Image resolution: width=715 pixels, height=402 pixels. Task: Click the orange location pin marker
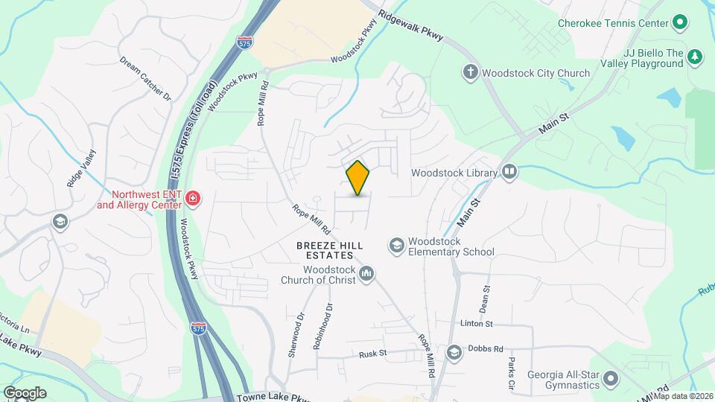[358, 178]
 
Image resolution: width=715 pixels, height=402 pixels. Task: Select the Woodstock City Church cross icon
[470, 73]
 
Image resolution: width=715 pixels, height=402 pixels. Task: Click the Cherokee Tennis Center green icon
[680, 23]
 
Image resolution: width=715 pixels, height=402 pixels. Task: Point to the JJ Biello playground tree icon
[695, 57]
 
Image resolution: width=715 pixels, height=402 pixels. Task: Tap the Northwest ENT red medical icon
[192, 198]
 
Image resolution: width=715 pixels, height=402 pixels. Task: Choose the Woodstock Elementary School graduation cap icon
[397, 245]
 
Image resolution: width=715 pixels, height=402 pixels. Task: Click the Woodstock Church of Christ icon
[366, 275]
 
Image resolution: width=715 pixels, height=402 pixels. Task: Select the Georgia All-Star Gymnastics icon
[611, 379]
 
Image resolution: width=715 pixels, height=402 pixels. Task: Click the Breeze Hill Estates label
[329, 250]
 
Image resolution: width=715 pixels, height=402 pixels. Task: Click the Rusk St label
[373, 354]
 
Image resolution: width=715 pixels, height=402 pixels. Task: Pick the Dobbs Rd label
[486, 348]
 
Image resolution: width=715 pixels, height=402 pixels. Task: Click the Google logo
[25, 392]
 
